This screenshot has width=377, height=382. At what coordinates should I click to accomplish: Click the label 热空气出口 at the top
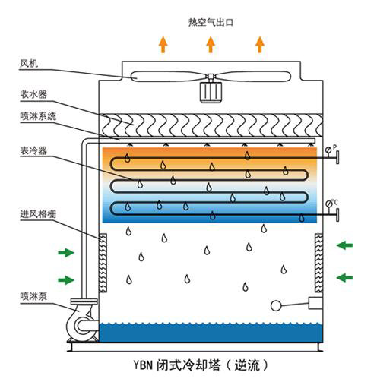(x=211, y=22)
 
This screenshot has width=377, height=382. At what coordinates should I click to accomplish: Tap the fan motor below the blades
(x=211, y=92)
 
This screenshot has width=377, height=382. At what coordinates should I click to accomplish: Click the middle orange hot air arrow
(x=211, y=45)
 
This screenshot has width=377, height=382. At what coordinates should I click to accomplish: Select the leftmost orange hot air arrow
(x=163, y=45)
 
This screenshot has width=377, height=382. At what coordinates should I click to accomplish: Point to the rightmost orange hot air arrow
(x=259, y=45)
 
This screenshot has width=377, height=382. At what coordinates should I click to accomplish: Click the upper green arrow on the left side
(x=66, y=252)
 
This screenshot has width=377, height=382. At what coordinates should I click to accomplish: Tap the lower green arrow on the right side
(x=344, y=277)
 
